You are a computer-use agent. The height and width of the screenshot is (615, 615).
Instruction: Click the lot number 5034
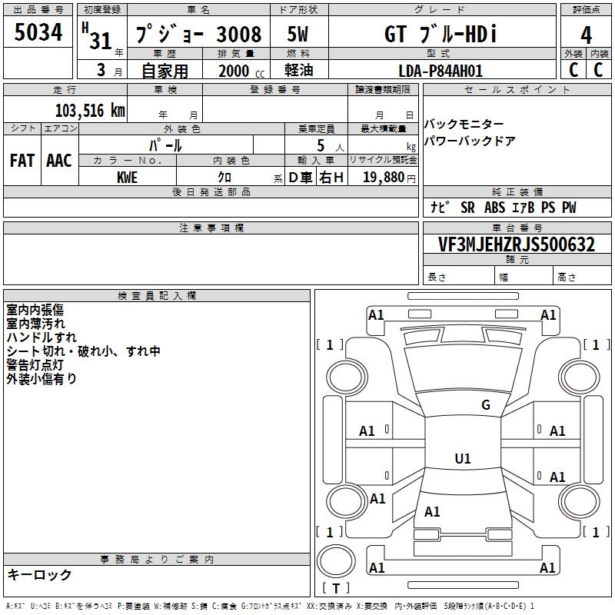(38, 32)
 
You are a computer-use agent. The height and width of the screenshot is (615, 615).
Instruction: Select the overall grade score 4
(586, 35)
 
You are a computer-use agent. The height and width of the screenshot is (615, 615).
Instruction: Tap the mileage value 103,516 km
(90, 111)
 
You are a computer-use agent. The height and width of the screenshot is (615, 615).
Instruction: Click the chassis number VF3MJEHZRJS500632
(517, 244)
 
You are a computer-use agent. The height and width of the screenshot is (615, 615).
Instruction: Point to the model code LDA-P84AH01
(440, 71)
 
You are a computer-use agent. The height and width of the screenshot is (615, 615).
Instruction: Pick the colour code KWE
(127, 178)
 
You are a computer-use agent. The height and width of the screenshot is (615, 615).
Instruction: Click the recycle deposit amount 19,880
(383, 177)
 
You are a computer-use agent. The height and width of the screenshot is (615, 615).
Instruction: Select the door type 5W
(298, 34)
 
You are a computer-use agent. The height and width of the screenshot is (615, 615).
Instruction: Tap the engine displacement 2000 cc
(241, 71)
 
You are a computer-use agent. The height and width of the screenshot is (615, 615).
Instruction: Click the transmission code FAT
(22, 161)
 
